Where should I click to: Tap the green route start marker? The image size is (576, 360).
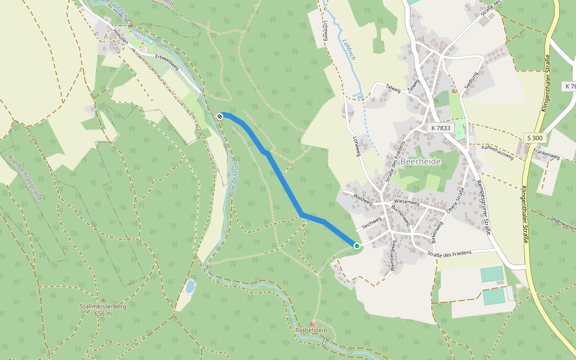tap(357, 245)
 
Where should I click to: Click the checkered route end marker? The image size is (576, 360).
tap(221, 116)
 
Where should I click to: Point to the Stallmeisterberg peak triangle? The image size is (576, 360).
tap(103, 299)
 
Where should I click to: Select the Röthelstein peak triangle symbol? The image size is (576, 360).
tap(311, 324)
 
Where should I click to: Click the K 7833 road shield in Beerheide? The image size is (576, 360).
tap(441, 128)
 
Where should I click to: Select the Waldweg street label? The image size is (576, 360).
tap(363, 199)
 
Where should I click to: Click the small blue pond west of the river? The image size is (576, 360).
tap(190, 287)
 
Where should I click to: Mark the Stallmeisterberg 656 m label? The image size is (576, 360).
tap(103, 310)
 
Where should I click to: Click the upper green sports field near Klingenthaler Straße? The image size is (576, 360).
tap(492, 274)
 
